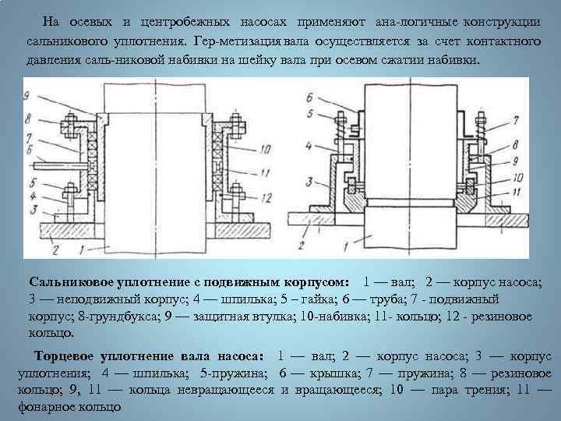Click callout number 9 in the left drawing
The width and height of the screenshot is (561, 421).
29,94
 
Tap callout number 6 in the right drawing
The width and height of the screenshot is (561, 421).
310,97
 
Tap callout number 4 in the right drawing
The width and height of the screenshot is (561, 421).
310,146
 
